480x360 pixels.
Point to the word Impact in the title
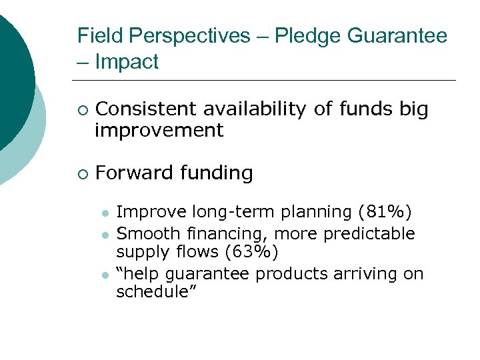(127, 62)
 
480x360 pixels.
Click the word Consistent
(146, 109)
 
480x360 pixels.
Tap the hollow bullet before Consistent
(81, 110)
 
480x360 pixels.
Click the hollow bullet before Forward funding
(81, 174)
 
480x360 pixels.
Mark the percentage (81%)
(385, 213)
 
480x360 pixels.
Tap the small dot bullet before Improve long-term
(105, 213)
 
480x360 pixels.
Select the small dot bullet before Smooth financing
(105, 234)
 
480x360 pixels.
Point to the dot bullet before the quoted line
(105, 275)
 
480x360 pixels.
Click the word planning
(319, 213)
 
